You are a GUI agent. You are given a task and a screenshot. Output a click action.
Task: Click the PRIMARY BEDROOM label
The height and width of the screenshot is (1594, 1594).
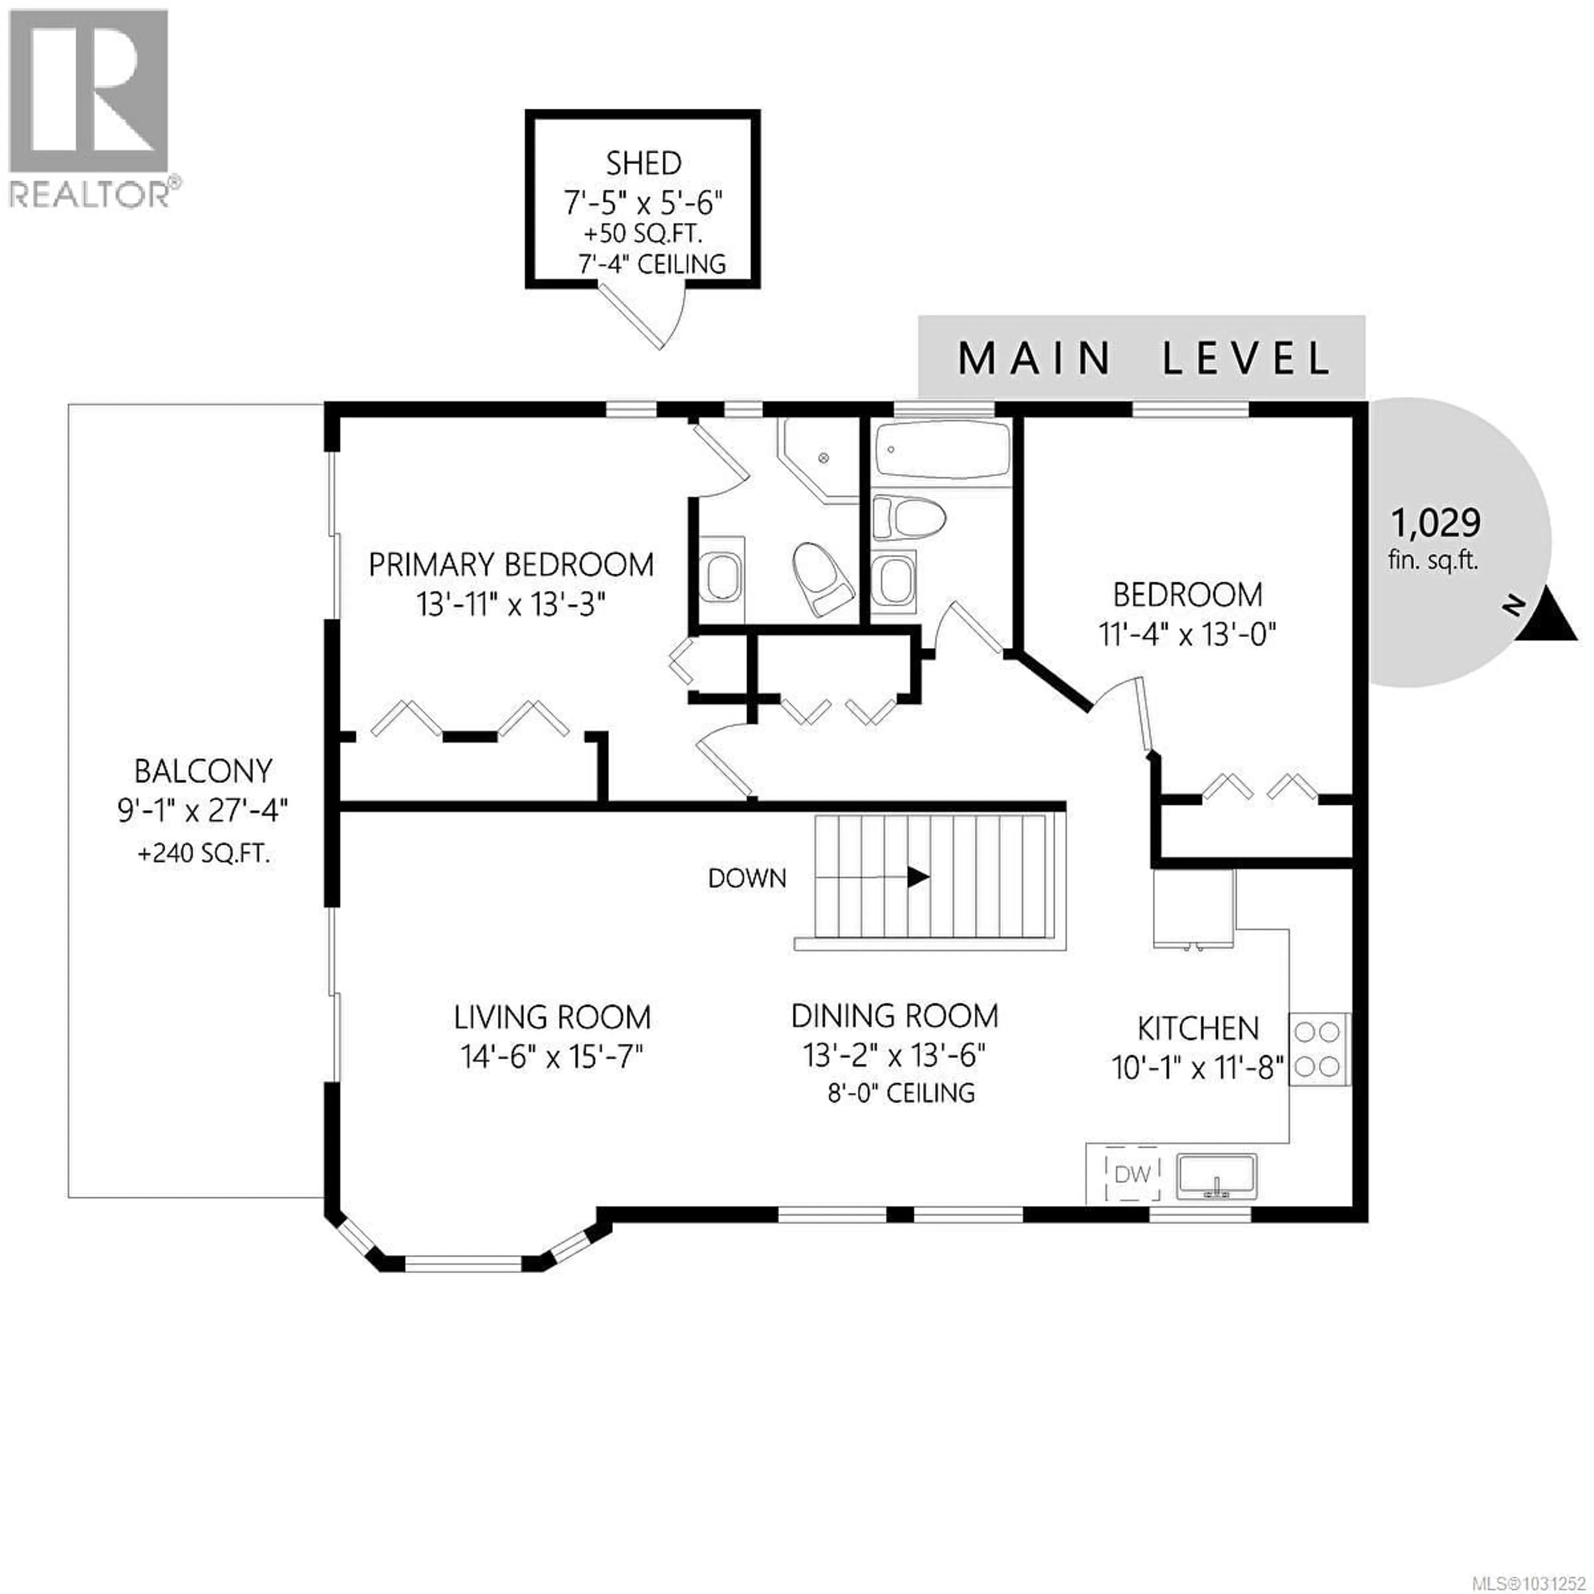pos(511,565)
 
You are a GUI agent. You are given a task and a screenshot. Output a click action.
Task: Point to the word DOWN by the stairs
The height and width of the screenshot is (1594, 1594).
pos(747,878)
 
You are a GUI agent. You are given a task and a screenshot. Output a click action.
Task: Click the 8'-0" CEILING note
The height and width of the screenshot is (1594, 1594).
pos(901,1093)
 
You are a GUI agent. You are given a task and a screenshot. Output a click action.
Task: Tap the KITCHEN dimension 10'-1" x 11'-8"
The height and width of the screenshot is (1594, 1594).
pos(1198,1068)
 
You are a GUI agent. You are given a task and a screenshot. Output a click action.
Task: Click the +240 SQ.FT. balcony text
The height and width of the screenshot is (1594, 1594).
pos(204,853)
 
